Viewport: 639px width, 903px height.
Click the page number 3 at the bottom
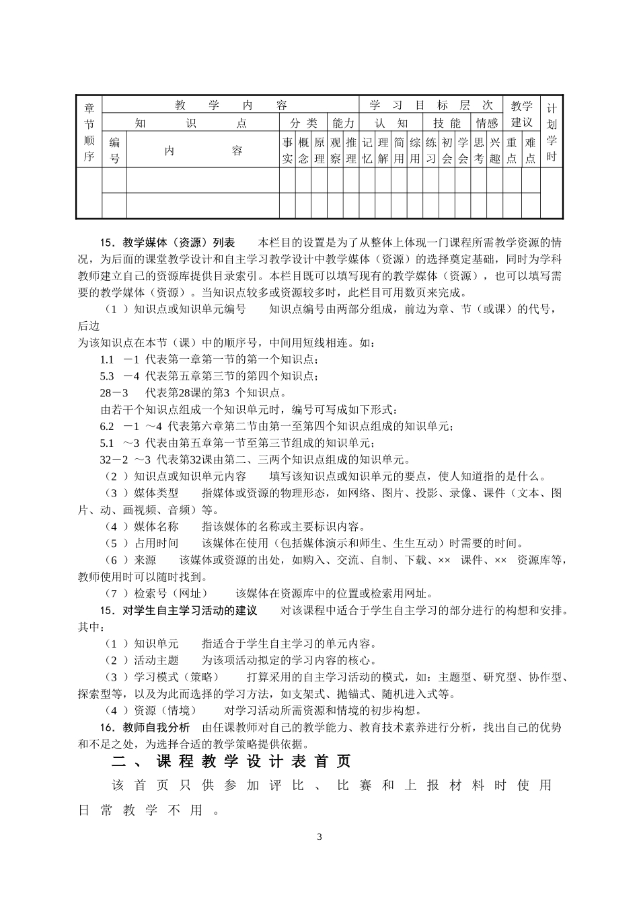[x=319, y=837]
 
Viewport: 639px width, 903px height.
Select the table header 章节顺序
[x=89, y=132]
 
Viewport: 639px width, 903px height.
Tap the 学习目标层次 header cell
[x=430, y=105]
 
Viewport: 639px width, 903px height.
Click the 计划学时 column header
[x=552, y=132]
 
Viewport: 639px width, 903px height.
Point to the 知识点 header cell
[x=190, y=123]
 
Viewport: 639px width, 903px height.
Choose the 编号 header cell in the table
[x=114, y=150]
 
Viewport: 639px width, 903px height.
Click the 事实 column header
[x=287, y=150]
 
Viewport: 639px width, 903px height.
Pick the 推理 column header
[x=350, y=150]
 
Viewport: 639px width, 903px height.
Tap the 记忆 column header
[x=367, y=150]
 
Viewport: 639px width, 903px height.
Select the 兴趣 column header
[x=494, y=150]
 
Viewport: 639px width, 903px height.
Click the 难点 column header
[x=531, y=150]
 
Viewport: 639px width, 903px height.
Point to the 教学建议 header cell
[x=521, y=114]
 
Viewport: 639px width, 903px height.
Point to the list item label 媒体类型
[x=156, y=493]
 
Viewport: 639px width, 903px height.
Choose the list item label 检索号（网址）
[x=171, y=594]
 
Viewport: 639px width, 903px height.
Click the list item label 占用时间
[x=156, y=544]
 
